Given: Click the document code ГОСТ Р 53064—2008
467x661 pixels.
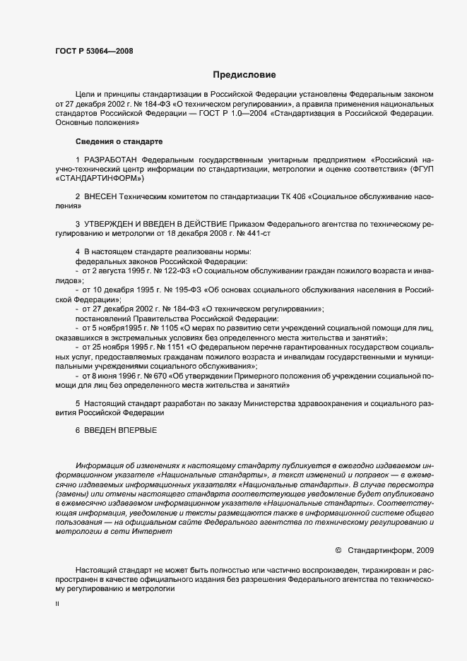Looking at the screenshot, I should click(93, 51).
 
